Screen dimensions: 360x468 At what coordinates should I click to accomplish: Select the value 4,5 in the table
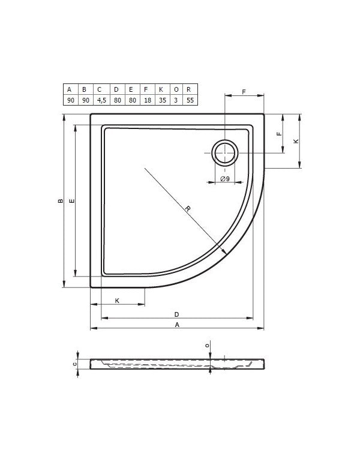pos(101,100)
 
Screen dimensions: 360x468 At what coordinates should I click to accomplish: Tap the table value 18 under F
pos(148,100)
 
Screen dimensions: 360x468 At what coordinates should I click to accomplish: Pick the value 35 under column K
pos(163,100)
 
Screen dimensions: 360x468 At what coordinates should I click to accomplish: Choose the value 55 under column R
pos(190,100)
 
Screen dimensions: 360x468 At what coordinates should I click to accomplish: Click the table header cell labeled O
pos(176,89)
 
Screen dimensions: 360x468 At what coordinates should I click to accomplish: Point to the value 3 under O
pos(176,100)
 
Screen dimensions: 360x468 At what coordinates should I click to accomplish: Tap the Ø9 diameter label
pos(225,178)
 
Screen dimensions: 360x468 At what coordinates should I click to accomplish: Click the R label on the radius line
pos(187,209)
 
